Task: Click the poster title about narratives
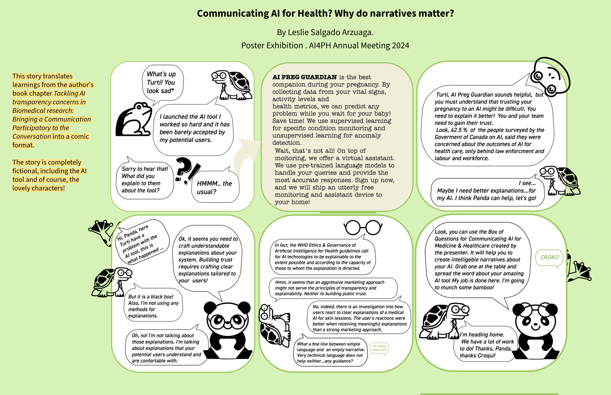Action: point(325,14)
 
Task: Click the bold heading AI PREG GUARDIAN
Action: point(304,77)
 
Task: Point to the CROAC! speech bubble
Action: point(549,258)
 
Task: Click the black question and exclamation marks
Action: point(187,171)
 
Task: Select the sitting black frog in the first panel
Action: point(135,120)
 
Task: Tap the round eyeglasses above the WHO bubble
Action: point(363,227)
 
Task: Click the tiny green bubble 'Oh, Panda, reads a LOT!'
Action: point(379,348)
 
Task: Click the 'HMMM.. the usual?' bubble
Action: point(215,187)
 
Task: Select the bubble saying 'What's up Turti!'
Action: point(161,82)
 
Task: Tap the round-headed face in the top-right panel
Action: point(549,77)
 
